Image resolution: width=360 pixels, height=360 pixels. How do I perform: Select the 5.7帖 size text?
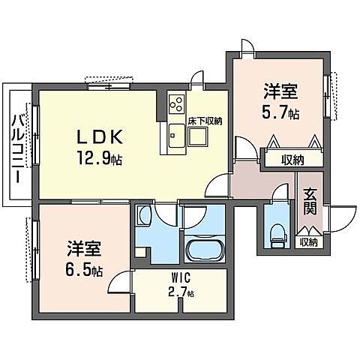(x=280, y=114)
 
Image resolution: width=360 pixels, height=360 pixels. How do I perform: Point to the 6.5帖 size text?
(x=82, y=269)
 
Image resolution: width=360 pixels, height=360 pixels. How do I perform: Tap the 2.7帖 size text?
(x=180, y=293)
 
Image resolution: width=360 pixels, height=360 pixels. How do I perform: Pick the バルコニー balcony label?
(x=16, y=150)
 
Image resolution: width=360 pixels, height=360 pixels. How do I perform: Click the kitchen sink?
(x=177, y=135)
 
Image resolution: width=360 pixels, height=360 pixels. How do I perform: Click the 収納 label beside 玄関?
(x=307, y=241)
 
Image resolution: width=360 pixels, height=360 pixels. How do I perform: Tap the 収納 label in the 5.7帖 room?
(x=292, y=159)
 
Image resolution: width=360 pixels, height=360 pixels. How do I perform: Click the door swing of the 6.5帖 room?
(x=118, y=281)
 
